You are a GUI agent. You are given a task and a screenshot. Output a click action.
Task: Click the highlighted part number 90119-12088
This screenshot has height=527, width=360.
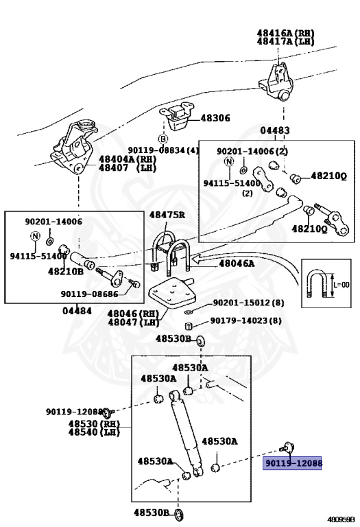[x=293, y=464]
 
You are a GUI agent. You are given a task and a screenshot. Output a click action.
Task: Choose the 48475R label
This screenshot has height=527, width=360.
[x=167, y=215]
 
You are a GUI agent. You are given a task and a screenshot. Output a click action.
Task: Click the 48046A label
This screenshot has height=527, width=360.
[x=237, y=263]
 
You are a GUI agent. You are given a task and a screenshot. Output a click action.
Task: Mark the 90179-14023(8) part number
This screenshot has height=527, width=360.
[x=245, y=320]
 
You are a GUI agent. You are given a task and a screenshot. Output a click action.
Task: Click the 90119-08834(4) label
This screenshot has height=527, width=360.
[x=163, y=150]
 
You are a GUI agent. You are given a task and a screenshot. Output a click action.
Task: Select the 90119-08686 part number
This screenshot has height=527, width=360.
[x=90, y=294]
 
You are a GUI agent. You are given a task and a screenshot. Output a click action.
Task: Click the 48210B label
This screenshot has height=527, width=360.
[x=65, y=271]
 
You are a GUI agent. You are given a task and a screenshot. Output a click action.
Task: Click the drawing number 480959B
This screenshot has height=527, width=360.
[x=341, y=519]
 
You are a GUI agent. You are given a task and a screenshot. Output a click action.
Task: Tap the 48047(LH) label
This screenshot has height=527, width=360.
[x=134, y=322]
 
